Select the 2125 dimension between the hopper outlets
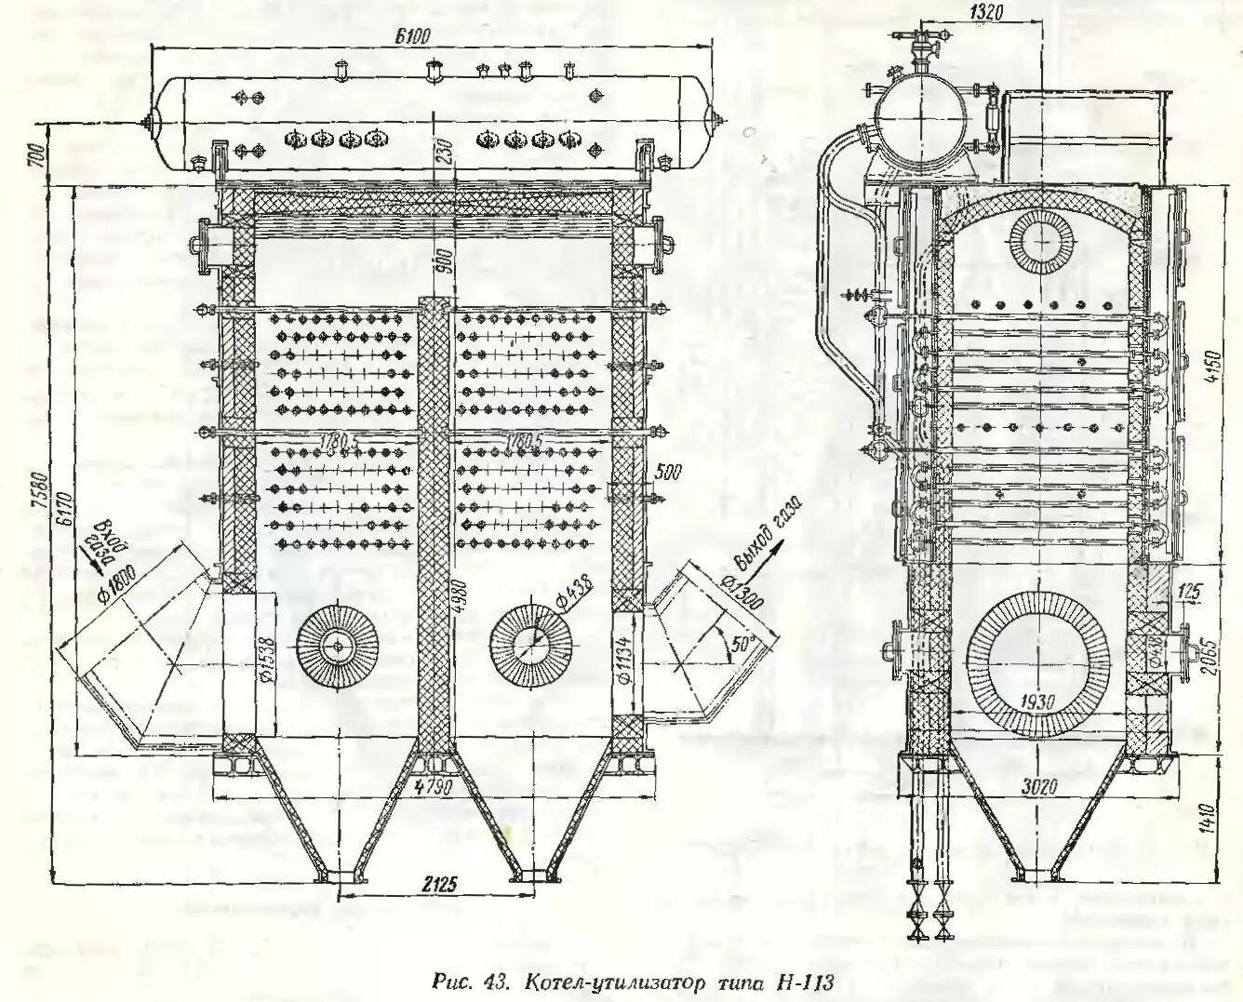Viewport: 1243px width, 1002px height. pyautogui.click(x=437, y=884)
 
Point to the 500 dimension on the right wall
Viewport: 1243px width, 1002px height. pyautogui.click(x=668, y=472)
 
